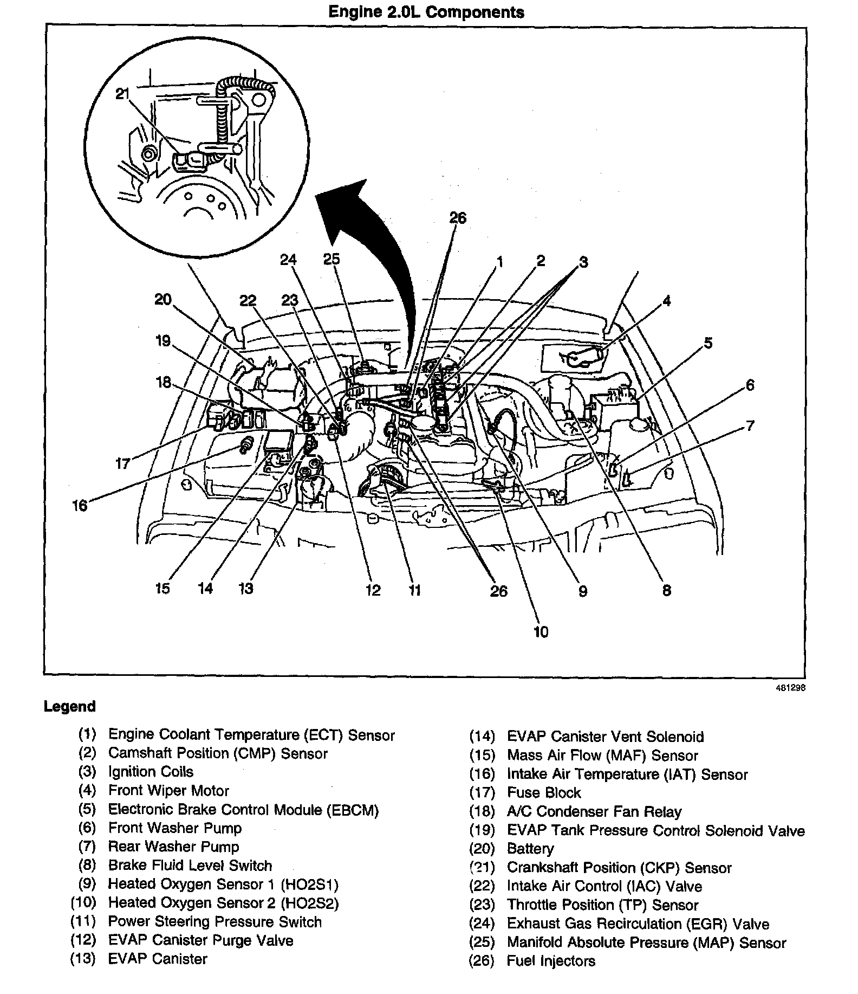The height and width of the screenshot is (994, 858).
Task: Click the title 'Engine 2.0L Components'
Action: tap(426, 12)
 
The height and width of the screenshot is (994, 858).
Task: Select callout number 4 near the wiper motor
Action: tap(667, 301)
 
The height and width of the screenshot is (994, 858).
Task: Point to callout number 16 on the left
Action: tap(80, 505)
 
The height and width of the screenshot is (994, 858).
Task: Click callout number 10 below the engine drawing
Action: tap(541, 631)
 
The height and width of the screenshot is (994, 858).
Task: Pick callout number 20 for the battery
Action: tap(162, 299)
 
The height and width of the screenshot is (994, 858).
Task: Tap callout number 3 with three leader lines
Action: tap(583, 262)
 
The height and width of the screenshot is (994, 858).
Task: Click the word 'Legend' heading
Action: tap(69, 706)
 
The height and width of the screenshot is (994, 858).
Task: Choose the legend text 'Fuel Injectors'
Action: tap(551, 961)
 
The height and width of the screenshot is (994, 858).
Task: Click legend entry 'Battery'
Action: tap(530, 849)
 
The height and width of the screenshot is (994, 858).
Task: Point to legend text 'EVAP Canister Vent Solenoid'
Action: tap(605, 737)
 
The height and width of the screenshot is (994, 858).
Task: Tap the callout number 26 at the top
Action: tap(458, 218)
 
